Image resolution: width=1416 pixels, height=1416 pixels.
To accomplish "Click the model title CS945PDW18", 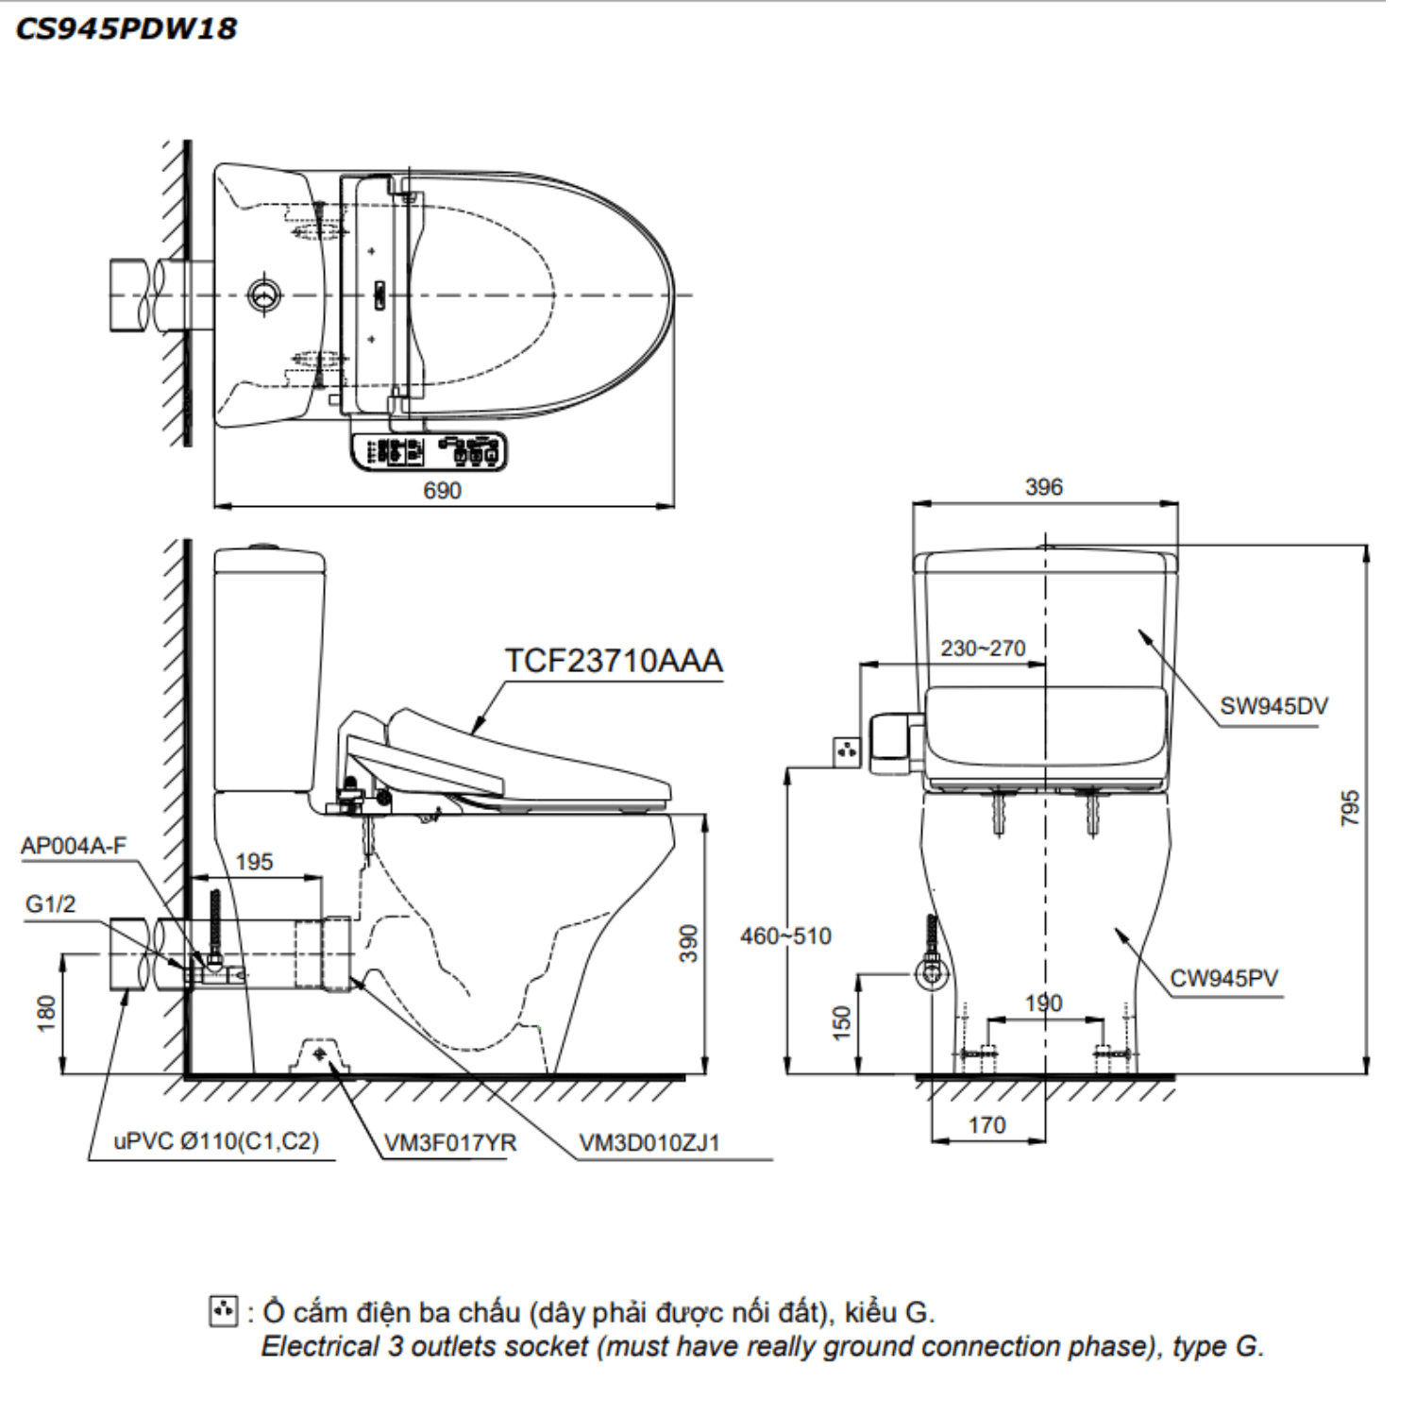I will (x=126, y=28).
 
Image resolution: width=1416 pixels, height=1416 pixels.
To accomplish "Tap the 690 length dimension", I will (x=442, y=491).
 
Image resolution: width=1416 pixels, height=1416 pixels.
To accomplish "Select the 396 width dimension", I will (x=1043, y=487).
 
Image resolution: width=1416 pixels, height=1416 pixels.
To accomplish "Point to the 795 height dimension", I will (x=1350, y=808).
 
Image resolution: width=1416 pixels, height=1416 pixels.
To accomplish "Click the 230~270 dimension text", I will (x=982, y=649).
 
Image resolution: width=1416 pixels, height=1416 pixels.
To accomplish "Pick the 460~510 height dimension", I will (x=785, y=936).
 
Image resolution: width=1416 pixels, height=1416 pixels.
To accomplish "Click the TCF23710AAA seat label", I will (x=614, y=660).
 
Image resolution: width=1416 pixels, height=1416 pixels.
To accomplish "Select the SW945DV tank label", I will (x=1273, y=706).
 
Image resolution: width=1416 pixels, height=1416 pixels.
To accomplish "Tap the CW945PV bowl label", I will (x=1223, y=978).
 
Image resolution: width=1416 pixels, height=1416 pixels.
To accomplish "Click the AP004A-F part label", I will (x=73, y=846).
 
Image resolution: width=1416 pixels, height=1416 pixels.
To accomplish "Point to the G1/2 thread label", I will (x=50, y=904).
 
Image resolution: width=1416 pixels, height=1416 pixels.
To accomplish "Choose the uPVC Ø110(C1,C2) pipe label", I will (x=216, y=1141).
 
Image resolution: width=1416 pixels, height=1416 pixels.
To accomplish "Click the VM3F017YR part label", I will (x=450, y=1143).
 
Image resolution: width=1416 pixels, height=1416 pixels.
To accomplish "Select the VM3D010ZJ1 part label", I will (x=649, y=1143).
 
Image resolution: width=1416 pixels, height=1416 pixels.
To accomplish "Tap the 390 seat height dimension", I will (x=689, y=943).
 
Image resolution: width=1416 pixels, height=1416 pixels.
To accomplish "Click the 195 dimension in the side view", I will (x=253, y=862).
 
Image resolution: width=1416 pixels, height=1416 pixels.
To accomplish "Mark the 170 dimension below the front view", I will (x=986, y=1125).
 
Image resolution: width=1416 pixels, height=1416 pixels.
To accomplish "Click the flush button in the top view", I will (x=264, y=295).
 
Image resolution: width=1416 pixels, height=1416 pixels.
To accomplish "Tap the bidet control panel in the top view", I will (x=429, y=451).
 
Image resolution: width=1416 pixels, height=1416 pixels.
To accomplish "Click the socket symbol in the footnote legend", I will (x=223, y=1312).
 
